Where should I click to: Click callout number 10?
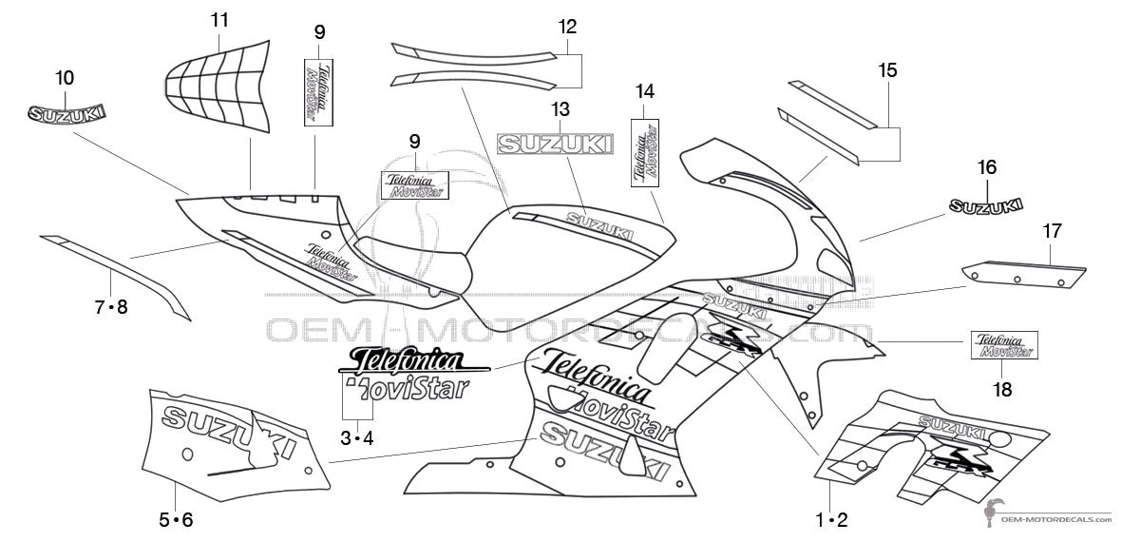click(65, 78)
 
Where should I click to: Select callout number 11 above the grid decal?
click(219, 19)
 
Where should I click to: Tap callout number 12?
click(567, 27)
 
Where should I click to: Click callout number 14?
click(645, 91)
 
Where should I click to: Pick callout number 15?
click(887, 70)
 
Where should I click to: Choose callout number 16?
click(987, 167)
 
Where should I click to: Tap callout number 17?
click(1052, 230)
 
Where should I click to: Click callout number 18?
click(1002, 389)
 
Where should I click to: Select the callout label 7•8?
click(110, 306)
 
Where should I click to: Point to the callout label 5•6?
click(176, 519)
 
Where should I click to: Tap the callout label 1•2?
click(830, 519)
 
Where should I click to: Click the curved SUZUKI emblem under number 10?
click(65, 113)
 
